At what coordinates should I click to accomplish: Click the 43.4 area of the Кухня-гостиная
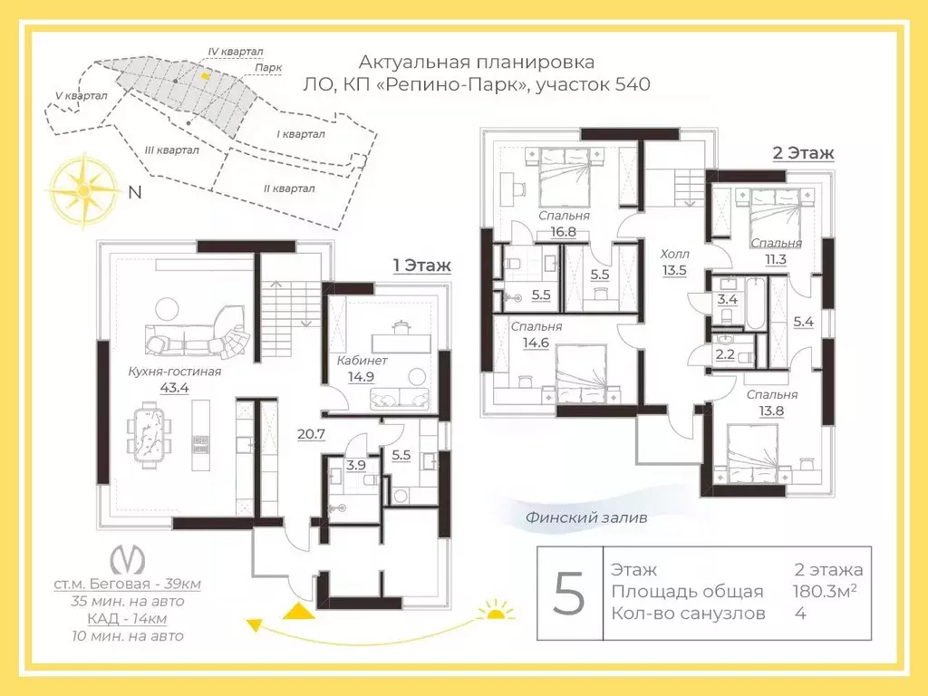coord(175,388)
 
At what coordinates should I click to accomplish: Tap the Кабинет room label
coord(362,361)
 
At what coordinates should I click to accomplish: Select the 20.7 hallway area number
coord(312,434)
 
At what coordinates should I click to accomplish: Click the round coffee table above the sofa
coord(167,309)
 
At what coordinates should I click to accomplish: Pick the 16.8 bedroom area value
coord(564,232)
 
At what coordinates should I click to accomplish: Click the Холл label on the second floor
coord(674,255)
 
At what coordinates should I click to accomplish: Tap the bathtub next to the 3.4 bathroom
coord(755,303)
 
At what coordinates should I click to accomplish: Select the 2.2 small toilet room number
coord(725,355)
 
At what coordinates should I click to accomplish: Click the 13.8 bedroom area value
coord(772,411)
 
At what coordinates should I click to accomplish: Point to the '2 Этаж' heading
coord(803,152)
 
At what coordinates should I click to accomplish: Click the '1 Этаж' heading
coord(422,266)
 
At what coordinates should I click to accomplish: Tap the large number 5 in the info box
coord(569,594)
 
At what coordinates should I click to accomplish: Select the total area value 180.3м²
coord(825,591)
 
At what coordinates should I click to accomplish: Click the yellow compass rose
coord(83,190)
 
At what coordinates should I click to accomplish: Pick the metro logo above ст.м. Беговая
coord(128,559)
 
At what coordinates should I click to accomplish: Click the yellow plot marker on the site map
coord(204,76)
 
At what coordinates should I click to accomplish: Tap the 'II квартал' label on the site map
coord(289,188)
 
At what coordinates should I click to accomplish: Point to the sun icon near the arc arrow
coord(496,611)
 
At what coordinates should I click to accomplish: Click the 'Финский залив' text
coord(586,517)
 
